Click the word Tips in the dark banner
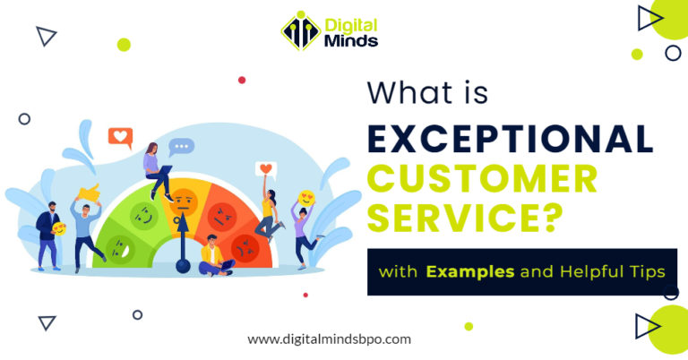(x=641, y=270)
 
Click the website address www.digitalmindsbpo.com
(x=329, y=339)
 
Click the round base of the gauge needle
(x=184, y=265)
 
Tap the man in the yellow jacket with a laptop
(x=212, y=254)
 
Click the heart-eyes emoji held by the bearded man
(x=59, y=229)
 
